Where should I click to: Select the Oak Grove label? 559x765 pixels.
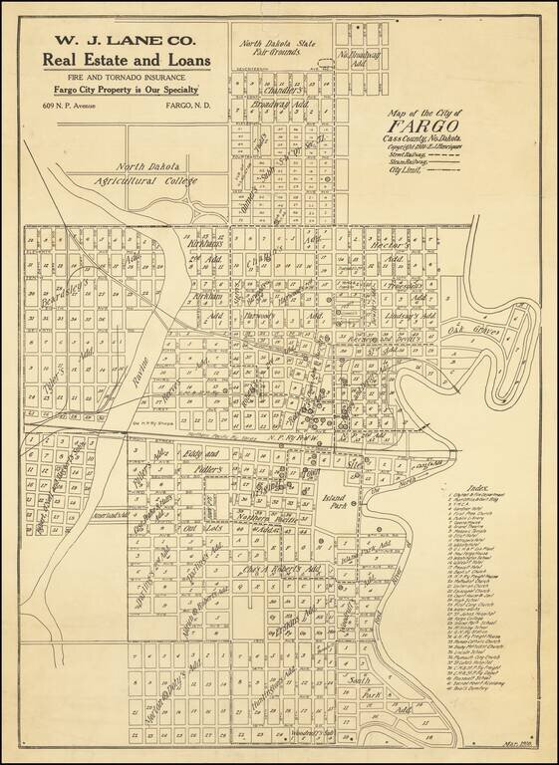pos(468,330)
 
